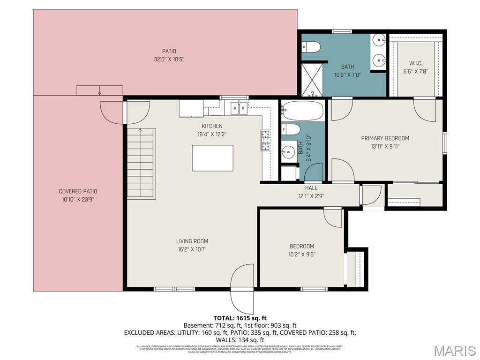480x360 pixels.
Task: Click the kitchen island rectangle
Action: [x=212, y=158]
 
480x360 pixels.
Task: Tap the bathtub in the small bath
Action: [x=303, y=111]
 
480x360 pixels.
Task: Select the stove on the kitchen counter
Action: [x=265, y=140]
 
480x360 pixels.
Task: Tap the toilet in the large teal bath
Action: [x=311, y=46]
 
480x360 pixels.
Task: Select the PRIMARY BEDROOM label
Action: [x=385, y=138]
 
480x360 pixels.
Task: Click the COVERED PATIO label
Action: [x=78, y=191]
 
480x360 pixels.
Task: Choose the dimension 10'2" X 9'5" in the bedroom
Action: [x=301, y=255]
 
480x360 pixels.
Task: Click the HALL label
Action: [x=311, y=188]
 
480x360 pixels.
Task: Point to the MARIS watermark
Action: [x=454, y=350]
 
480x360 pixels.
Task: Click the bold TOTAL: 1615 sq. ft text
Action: [x=240, y=317]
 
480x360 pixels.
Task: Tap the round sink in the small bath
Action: [x=287, y=151]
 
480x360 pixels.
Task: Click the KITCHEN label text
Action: [x=212, y=126]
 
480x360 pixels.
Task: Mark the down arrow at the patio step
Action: [x=99, y=92]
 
